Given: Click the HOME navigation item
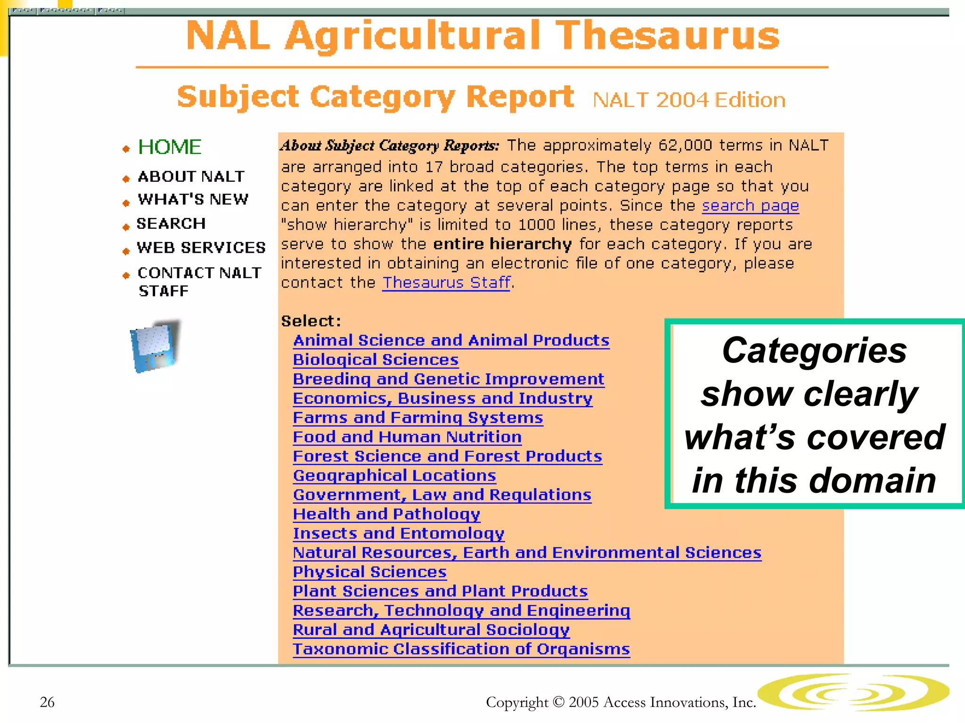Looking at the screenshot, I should [169, 147].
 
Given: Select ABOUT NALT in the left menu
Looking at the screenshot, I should [191, 177].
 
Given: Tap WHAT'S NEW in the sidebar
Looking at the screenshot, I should [193, 199].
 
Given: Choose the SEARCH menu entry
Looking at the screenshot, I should [171, 223].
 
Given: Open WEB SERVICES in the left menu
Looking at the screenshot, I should [201, 247].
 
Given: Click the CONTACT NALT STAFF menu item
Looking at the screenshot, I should [199, 281].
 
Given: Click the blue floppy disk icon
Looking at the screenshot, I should [155, 346].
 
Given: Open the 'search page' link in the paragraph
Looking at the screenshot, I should [750, 206].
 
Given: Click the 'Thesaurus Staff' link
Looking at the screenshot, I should [446, 282].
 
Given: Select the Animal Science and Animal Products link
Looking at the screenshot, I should [451, 340].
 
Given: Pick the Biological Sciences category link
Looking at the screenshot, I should [376, 360].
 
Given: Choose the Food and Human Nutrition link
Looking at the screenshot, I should [407, 437].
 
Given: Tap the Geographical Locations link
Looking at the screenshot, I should [394, 475].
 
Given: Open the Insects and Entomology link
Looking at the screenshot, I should [399, 533].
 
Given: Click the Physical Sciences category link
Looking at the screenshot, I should [370, 572].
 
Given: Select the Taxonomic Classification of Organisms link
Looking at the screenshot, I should [461, 649].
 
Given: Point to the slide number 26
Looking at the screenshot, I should [47, 702].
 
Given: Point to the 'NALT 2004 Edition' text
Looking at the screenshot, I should [689, 100].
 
